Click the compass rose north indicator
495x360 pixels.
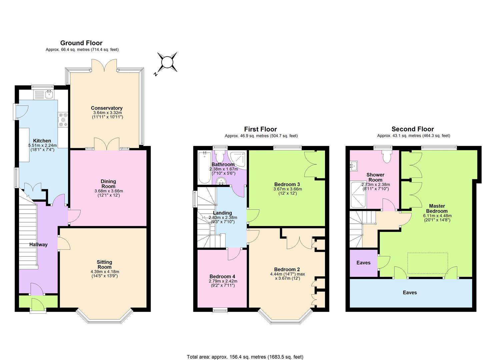tap(167, 62)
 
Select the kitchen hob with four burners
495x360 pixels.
tap(63, 120)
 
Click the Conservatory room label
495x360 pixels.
tap(107, 108)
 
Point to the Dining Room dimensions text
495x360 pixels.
tap(108, 193)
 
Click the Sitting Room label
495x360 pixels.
tap(104, 264)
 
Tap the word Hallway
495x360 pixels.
tap(38, 244)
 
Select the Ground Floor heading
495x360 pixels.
tap(81, 43)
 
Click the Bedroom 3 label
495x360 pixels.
tap(287, 184)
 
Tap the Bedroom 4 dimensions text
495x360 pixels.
tap(222, 283)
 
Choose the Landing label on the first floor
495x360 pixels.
tap(222, 213)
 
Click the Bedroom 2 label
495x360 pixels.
tap(287, 269)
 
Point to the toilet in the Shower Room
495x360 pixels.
tap(386, 156)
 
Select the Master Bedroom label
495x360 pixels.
tap(437, 208)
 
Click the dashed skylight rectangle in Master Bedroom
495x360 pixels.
tap(427, 263)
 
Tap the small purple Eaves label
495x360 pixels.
tap(363, 263)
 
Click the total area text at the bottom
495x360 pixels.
tap(245, 357)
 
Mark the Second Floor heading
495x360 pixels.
tap(413, 129)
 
